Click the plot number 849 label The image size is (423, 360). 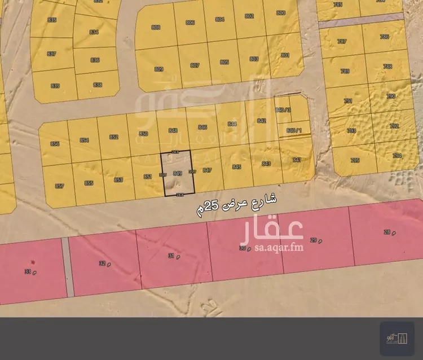coord(177,173)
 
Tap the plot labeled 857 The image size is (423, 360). coord(59,185)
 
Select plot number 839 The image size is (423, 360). coord(55,86)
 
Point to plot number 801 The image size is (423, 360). coord(285,55)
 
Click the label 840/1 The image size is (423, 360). coord(294,130)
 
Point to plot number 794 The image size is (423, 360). coord(397,156)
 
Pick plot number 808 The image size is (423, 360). coord(156,27)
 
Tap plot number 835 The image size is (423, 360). coord(52,20)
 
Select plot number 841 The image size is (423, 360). coord(297,160)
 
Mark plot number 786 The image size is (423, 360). coord(385,37)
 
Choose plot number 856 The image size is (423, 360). coord(55,144)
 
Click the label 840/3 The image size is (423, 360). coord(282,110)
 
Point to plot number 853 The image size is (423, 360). coord(118,179)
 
